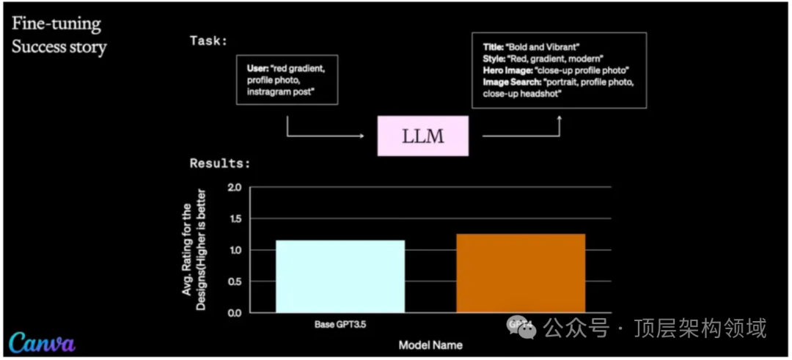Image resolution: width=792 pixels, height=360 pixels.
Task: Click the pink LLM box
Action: pyautogui.click(x=423, y=136)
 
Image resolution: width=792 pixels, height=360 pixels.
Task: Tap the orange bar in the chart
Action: pyautogui.click(x=521, y=273)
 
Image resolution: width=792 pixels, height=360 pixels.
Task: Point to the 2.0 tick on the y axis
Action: pyautogui.click(x=235, y=188)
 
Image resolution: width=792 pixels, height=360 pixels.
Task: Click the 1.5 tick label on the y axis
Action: pyautogui.click(x=235, y=219)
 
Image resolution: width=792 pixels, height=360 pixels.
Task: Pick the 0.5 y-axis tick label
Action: pyautogui.click(x=235, y=282)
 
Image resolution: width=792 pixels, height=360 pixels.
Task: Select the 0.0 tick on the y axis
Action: pyautogui.click(x=235, y=313)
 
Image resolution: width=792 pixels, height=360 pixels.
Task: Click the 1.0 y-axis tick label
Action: pyautogui.click(x=235, y=251)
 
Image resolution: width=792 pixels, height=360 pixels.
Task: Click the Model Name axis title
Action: pyautogui.click(x=430, y=345)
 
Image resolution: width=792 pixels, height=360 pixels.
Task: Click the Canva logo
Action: pyautogui.click(x=42, y=342)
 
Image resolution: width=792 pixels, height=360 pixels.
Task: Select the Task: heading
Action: pyautogui.click(x=208, y=40)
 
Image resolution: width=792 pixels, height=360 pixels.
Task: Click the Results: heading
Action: pyautogui.click(x=220, y=163)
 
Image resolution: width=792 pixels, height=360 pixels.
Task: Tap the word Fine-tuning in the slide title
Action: pyautogui.click(x=56, y=24)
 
